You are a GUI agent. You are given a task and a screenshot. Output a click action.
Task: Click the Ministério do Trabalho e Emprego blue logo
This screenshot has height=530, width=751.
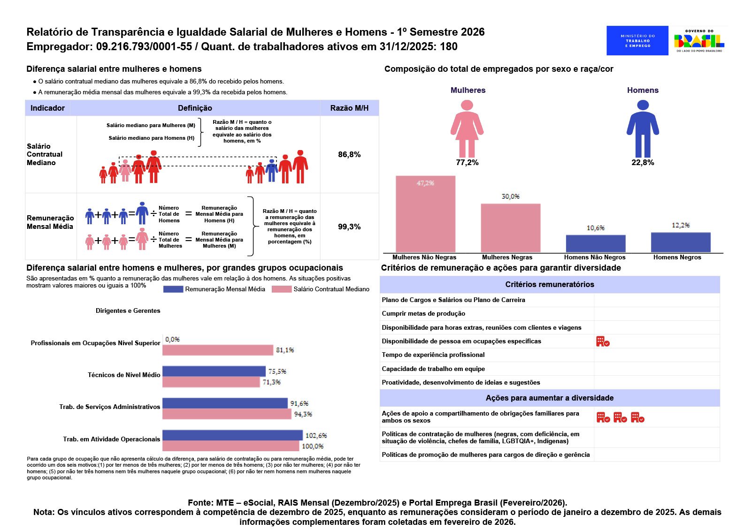(x=637, y=41)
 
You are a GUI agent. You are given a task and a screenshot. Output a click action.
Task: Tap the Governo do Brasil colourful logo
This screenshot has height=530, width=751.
(x=699, y=41)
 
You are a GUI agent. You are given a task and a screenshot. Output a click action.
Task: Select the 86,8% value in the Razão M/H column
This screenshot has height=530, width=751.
(x=349, y=155)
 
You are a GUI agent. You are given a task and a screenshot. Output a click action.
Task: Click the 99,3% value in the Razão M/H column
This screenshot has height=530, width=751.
(x=349, y=227)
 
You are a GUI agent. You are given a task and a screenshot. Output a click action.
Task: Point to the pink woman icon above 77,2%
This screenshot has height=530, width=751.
(x=467, y=129)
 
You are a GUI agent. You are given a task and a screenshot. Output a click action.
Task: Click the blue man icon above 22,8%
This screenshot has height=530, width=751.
(x=643, y=129)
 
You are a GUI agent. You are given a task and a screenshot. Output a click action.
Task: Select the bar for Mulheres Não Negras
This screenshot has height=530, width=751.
(x=425, y=214)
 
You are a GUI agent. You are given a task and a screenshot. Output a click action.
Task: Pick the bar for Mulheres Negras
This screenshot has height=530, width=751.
(x=510, y=228)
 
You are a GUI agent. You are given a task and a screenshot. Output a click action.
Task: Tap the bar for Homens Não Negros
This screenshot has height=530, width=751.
(x=596, y=243)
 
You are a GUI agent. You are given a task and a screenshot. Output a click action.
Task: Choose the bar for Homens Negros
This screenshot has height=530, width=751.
(x=681, y=242)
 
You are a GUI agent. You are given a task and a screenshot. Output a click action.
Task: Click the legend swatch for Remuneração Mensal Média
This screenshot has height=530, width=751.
(x=173, y=289)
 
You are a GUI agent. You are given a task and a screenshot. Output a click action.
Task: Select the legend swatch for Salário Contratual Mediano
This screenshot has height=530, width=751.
(x=282, y=289)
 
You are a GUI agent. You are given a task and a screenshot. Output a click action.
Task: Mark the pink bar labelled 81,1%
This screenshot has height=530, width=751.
(x=218, y=350)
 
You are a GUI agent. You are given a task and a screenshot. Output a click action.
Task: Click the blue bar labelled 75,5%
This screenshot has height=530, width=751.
(x=214, y=371)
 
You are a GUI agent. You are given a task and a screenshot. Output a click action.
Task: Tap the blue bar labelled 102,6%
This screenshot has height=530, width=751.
(x=232, y=435)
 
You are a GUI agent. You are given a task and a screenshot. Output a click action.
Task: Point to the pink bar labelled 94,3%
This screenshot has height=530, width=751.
(x=227, y=414)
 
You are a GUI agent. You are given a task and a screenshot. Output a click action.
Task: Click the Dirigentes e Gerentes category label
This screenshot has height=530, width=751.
(x=128, y=311)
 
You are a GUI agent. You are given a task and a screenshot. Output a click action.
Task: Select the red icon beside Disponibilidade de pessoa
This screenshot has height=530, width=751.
(x=603, y=341)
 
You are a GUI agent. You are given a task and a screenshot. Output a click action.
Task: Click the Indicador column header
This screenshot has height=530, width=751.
(x=47, y=108)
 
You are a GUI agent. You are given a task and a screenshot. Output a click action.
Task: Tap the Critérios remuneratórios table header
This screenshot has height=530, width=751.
(x=550, y=285)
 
